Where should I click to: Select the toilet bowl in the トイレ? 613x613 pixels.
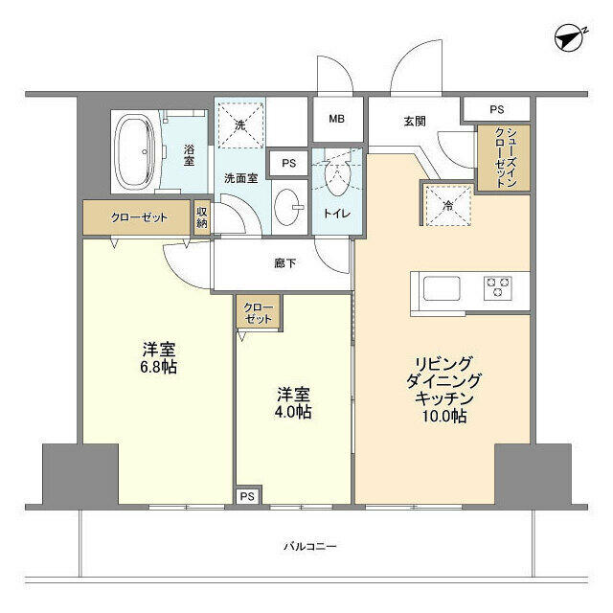pos(338,177)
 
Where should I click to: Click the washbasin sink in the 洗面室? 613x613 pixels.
pos(288,205)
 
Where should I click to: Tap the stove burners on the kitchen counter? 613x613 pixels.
pos(499,286)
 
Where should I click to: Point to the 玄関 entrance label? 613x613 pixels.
pos(414,121)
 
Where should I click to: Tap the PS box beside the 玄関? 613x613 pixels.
pos(495,109)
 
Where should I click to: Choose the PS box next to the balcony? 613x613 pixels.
pos(247,496)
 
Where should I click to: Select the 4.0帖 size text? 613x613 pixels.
pos(295,413)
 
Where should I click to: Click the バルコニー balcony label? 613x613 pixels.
pos(309,546)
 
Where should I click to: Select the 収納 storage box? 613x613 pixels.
pos(202,217)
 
